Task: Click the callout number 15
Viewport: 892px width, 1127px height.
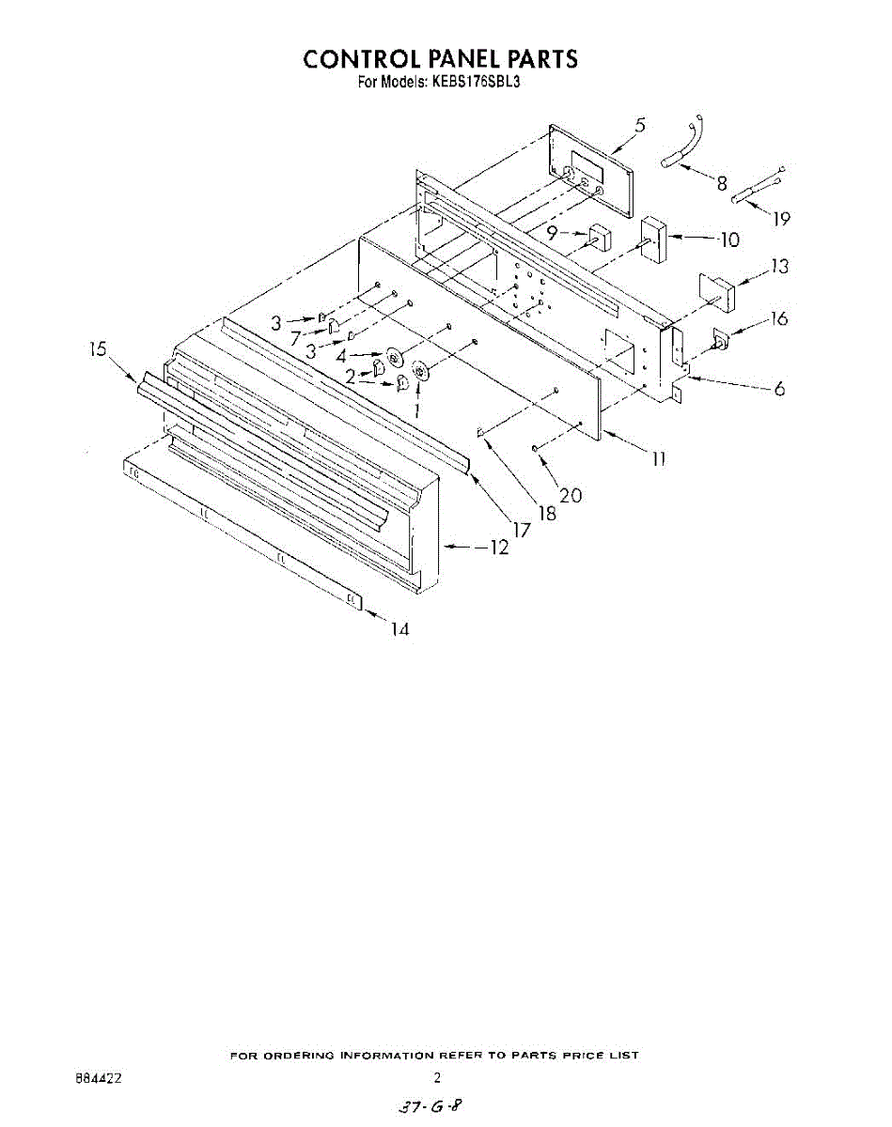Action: pyautogui.click(x=98, y=349)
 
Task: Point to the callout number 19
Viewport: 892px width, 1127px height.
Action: pyautogui.click(x=781, y=219)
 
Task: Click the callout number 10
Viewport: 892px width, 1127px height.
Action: pyautogui.click(x=728, y=239)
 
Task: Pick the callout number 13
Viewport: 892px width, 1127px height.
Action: pyautogui.click(x=778, y=267)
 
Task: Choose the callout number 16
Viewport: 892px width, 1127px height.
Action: pyautogui.click(x=778, y=318)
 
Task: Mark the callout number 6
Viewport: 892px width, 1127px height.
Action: pyautogui.click(x=779, y=389)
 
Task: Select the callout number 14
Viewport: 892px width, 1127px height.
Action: pyautogui.click(x=400, y=629)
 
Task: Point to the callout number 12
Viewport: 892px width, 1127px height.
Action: pyautogui.click(x=497, y=547)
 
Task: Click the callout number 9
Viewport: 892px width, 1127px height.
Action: pyautogui.click(x=553, y=231)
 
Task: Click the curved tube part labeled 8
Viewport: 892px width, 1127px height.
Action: pyautogui.click(x=684, y=147)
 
